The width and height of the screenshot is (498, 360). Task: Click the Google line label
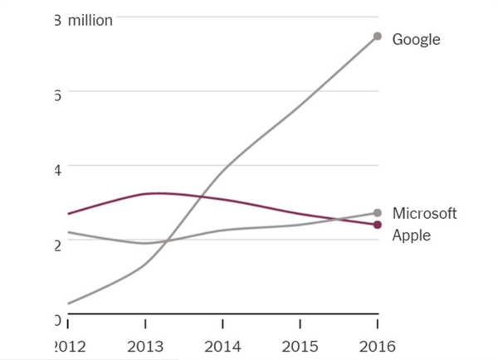tap(416, 39)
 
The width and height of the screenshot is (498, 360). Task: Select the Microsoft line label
tap(424, 213)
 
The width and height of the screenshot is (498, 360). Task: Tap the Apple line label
tap(411, 235)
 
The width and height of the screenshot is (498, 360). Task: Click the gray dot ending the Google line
tap(378, 36)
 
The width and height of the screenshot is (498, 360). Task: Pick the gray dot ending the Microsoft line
tap(378, 213)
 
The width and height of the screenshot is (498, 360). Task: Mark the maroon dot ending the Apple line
tap(378, 225)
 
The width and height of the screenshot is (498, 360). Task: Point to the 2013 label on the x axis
tap(145, 345)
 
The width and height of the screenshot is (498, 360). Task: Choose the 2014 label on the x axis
tap(222, 345)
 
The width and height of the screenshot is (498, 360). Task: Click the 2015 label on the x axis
tap(300, 345)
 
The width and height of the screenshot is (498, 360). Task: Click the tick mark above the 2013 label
tap(145, 321)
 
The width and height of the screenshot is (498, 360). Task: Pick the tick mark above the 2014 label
tap(222, 321)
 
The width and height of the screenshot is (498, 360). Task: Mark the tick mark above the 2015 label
tap(300, 321)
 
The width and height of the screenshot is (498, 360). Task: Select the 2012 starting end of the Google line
tap(69, 304)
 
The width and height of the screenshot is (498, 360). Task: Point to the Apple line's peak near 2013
tap(158, 193)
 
